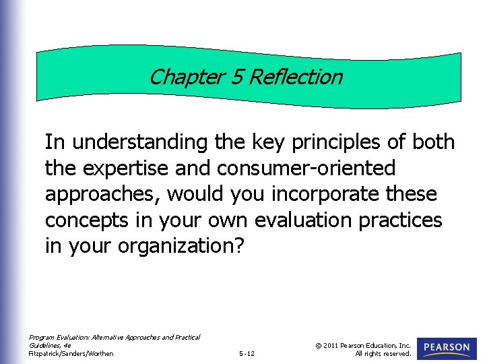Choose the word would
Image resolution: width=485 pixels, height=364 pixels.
coord(196,195)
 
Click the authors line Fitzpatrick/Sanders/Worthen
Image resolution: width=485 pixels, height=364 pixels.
coord(71,354)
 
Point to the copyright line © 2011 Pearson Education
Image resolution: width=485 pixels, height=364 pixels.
coord(362,345)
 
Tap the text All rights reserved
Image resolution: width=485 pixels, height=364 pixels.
coord(383,354)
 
